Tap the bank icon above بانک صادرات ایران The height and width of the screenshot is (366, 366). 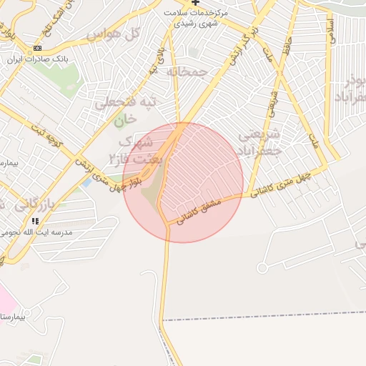37,48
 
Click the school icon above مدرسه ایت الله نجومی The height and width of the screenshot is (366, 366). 36,221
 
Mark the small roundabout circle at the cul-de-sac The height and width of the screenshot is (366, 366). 262,268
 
